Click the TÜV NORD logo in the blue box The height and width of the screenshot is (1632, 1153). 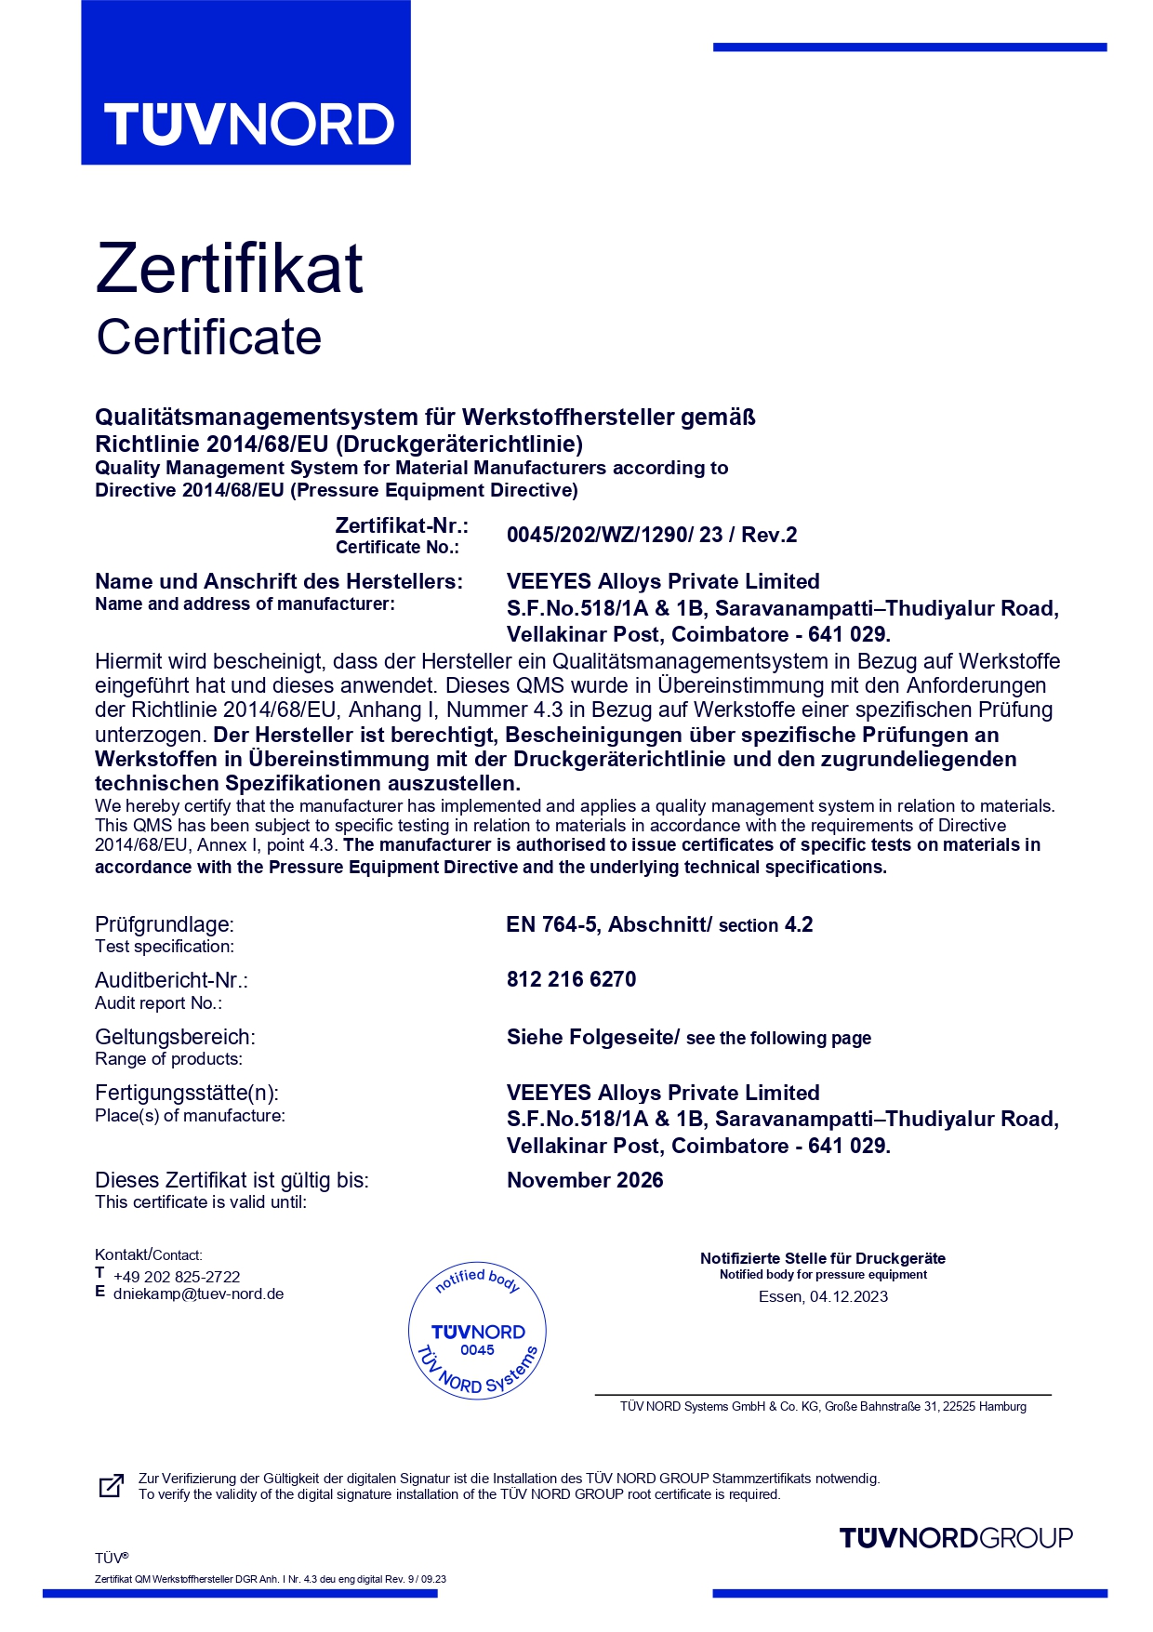[249, 125]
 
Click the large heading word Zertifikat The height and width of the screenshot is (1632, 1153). [229, 269]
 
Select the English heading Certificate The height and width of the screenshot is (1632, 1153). [209, 337]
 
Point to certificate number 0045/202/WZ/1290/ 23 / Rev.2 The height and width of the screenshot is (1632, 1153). [652, 535]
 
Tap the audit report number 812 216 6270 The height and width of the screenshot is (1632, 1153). [571, 979]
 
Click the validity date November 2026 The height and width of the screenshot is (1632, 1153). [585, 1180]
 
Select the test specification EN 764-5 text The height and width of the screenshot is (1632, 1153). [659, 924]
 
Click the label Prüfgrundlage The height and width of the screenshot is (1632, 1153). [165, 924]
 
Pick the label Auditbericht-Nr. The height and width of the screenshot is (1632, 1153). [171, 980]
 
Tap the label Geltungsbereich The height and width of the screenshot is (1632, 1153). [175, 1037]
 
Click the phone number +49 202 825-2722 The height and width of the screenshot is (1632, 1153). [177, 1277]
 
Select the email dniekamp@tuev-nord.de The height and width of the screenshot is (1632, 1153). [198, 1294]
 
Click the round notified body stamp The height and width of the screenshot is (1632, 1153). [477, 1331]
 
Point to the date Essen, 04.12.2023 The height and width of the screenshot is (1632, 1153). [823, 1296]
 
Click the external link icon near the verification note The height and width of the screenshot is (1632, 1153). [111, 1486]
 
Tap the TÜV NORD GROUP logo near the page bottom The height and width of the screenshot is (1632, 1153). [956, 1538]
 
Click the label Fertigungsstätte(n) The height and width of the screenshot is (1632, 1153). [187, 1093]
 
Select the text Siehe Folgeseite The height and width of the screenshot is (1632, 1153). [591, 1037]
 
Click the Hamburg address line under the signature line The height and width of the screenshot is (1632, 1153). [823, 1406]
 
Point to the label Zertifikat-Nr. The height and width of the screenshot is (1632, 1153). [402, 525]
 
